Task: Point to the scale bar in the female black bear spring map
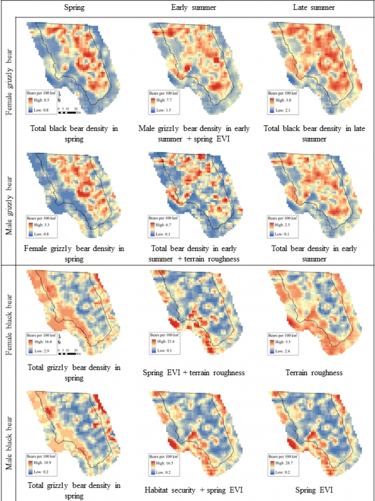coord(68,354)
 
